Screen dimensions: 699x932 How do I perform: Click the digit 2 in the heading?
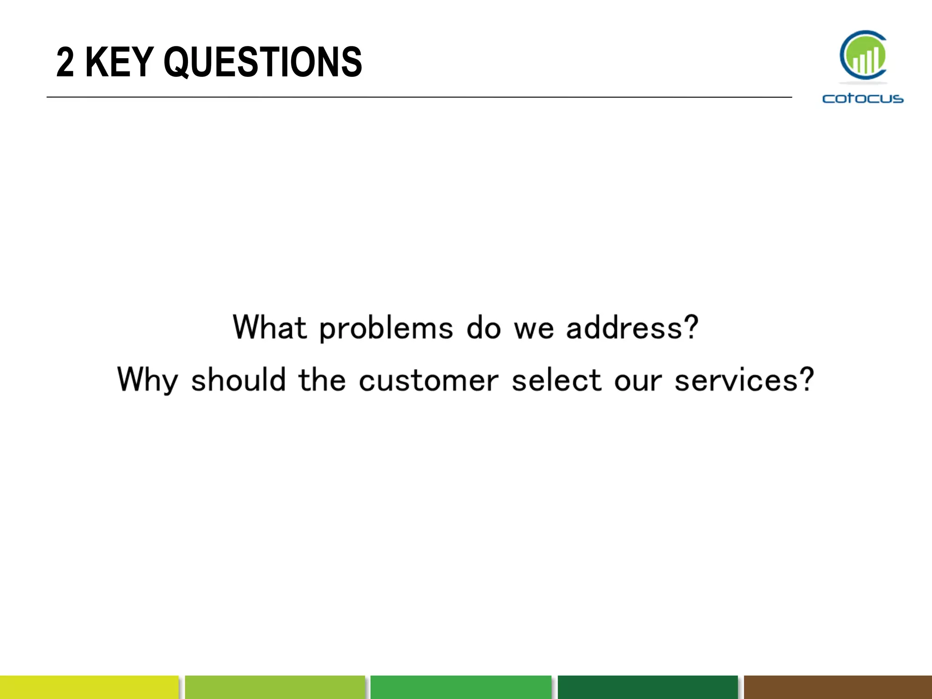(65, 62)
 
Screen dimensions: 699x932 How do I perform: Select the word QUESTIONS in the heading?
(263, 63)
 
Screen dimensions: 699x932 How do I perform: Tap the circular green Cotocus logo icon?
(863, 56)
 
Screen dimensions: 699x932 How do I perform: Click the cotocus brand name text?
(863, 98)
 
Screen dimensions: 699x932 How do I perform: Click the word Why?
(147, 380)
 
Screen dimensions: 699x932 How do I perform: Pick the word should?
(238, 380)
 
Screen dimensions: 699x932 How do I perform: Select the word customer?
(428, 380)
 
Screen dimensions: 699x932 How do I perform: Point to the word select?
(557, 380)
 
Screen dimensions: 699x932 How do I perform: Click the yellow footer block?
(89, 687)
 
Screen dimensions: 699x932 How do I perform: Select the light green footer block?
(275, 687)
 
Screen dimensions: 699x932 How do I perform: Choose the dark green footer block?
(647, 687)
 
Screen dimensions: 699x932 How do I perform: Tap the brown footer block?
(838, 687)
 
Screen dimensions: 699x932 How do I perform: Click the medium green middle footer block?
(461, 687)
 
